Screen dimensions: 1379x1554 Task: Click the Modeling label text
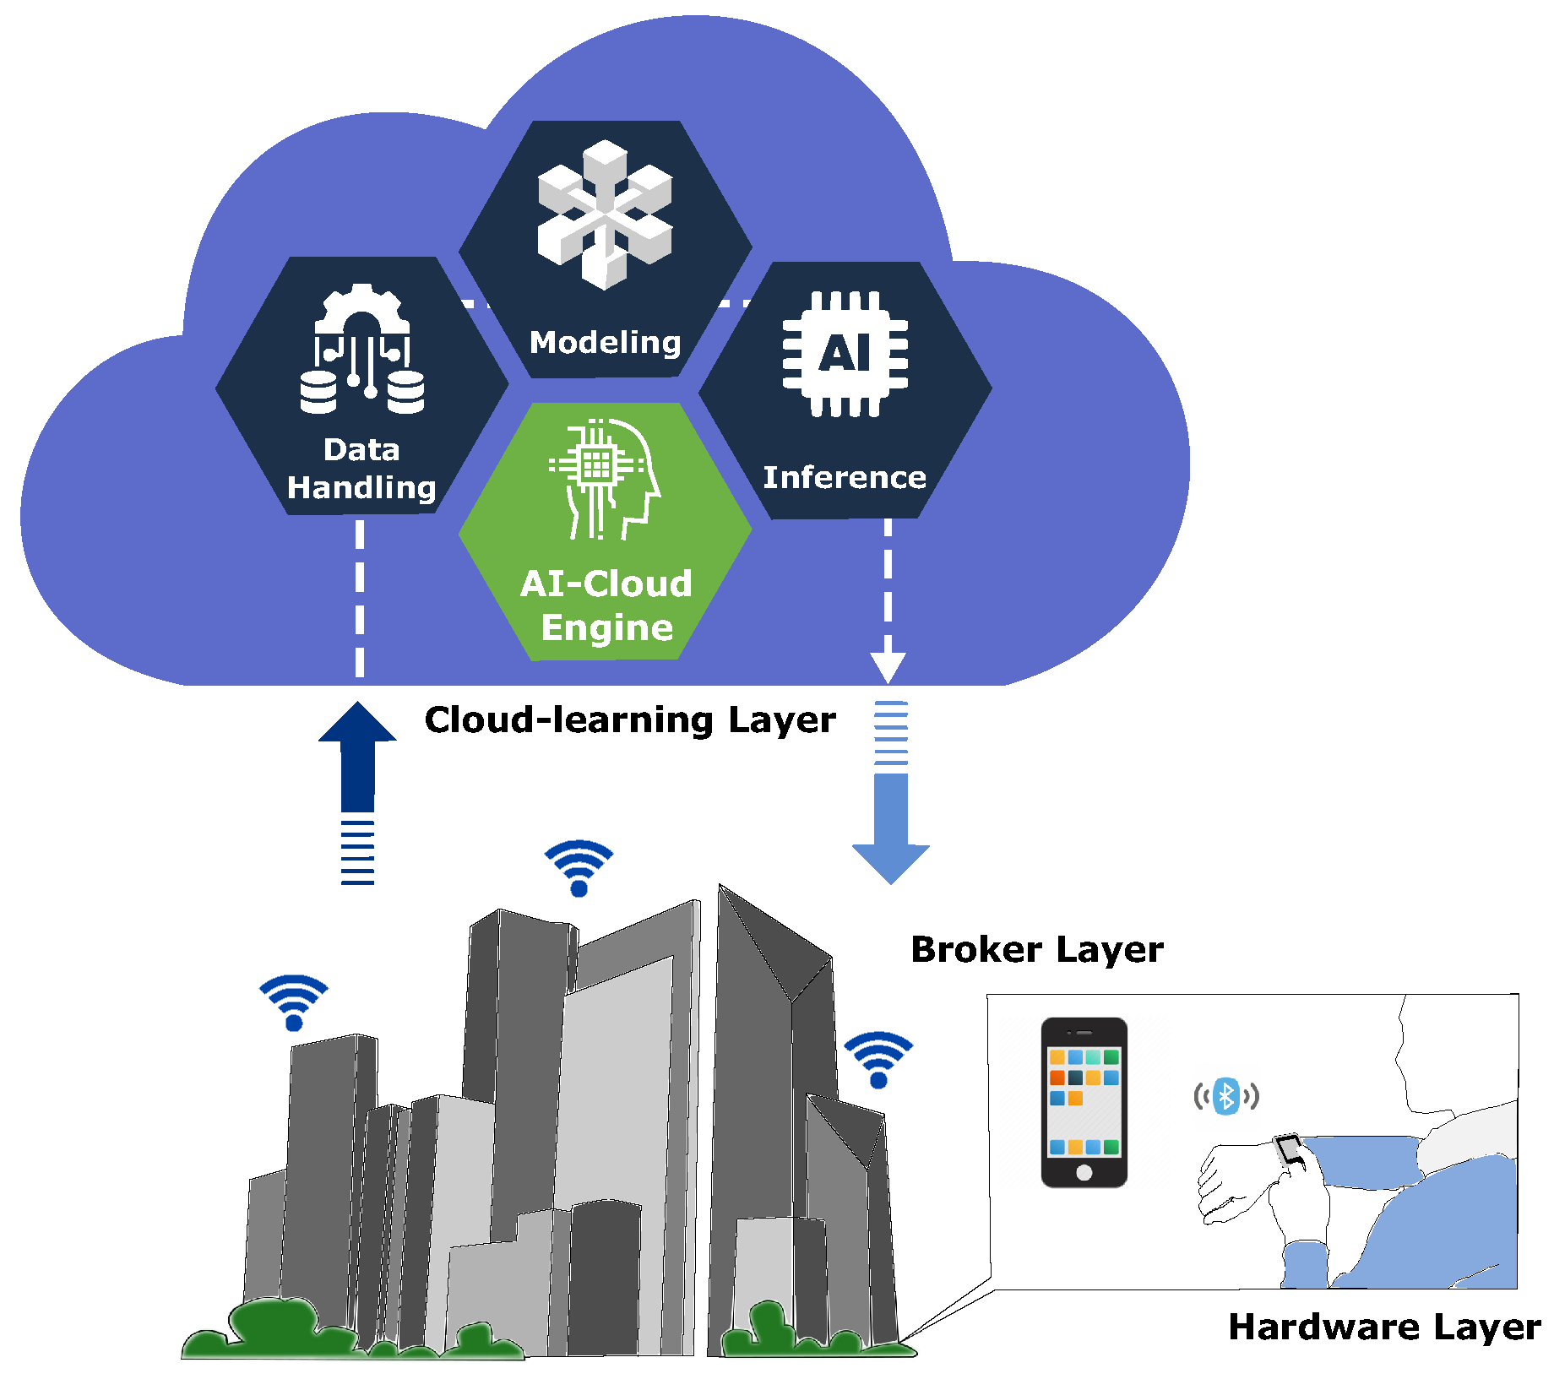pos(605,342)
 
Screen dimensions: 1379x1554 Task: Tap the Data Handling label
pos(361,469)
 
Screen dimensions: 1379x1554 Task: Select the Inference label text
pos(844,477)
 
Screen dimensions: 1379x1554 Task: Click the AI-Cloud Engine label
pos(606,605)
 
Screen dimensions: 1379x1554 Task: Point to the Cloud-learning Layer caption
pos(629,720)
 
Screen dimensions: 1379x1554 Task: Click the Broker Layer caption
pos(1036,950)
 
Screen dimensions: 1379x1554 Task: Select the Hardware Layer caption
pos(1383,1327)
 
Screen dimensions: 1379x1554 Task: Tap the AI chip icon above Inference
pos(845,354)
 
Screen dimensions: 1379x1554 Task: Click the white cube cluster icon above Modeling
pos(605,215)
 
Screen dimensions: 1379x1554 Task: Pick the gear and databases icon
pos(362,350)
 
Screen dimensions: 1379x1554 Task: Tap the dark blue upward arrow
pos(357,760)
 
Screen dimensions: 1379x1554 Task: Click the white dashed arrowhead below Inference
pos(888,667)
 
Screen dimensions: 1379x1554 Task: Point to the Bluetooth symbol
pos(1225,1096)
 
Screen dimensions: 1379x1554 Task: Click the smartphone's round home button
pos(1084,1172)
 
